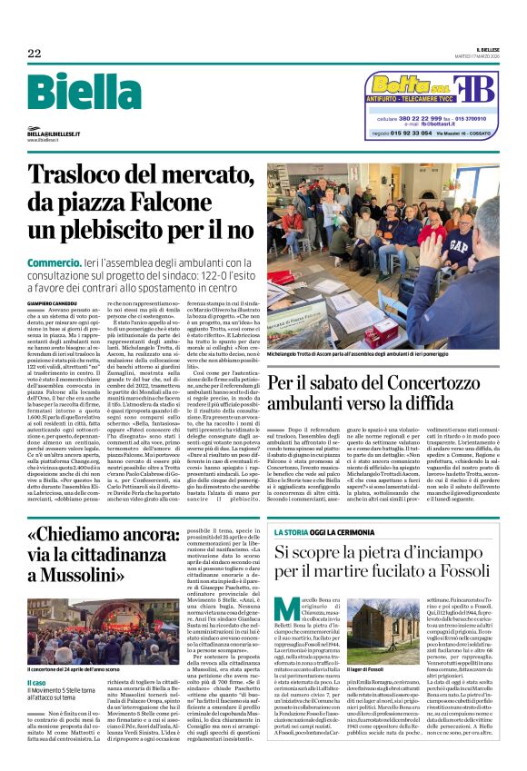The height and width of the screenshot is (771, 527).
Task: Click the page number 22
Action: pos(34,54)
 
